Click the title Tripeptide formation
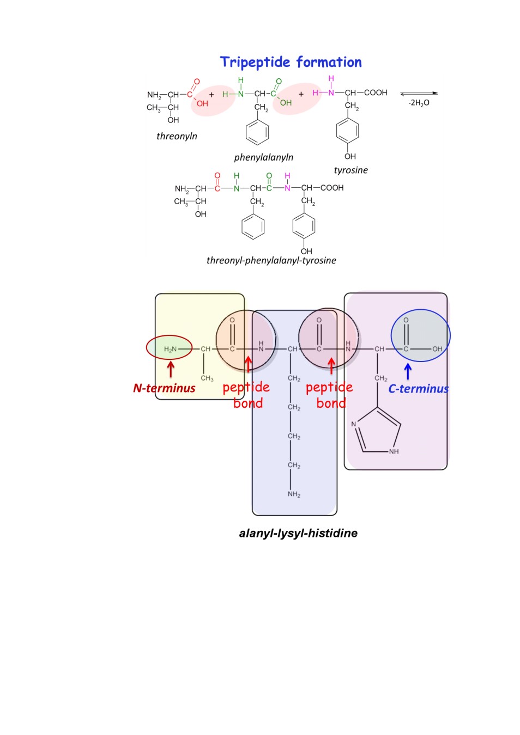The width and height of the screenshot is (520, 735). pos(291,62)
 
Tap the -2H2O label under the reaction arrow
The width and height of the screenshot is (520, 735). pos(419,103)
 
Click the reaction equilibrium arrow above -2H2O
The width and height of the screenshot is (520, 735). pos(419,93)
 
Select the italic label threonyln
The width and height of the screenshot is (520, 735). pos(177,136)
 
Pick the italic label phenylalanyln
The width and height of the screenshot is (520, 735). pos(263,157)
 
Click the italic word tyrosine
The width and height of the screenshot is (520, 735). pos(350,170)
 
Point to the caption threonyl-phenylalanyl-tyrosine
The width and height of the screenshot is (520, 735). pos(271,261)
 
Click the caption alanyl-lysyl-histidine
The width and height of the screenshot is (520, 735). pos(298,533)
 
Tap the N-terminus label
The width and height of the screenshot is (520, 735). pos(164,388)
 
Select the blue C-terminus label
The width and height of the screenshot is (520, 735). pos(418,389)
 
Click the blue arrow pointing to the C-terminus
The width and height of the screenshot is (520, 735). pos(408,371)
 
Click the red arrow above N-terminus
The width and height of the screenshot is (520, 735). pos(171,369)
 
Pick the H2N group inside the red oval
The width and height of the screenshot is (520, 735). pos(170,350)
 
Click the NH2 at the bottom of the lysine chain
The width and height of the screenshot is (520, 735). pos(294,494)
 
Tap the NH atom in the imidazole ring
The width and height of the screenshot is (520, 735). pos(394,451)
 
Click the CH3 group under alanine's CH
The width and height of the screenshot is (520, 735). pos(207,378)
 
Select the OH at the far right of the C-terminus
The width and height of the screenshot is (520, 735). pos(437,349)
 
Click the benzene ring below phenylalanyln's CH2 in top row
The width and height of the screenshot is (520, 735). pos(257,132)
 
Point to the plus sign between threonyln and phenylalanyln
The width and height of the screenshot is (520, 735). pos(211,95)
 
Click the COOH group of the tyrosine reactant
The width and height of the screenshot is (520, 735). pos(376,93)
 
